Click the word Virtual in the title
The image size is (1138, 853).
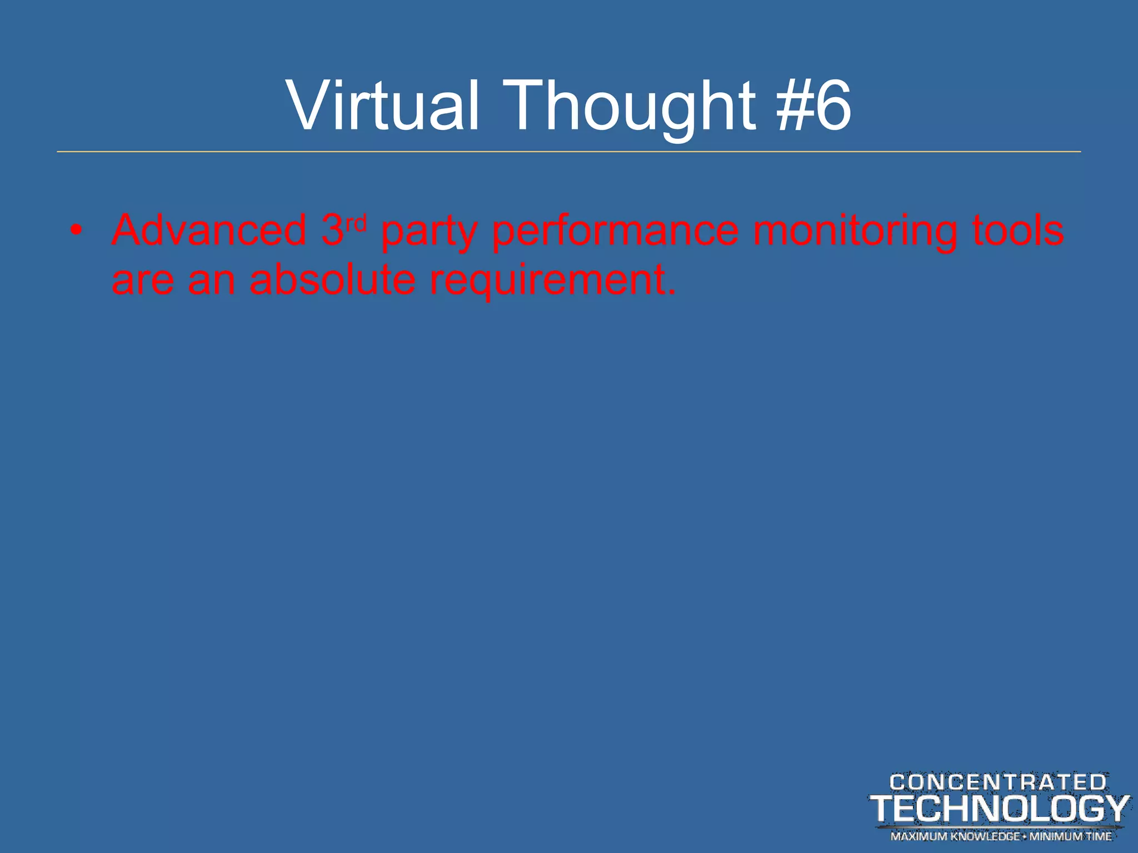382,106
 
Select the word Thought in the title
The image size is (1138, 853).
631,106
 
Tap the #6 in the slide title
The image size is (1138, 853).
814,106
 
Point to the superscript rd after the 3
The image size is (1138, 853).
356,223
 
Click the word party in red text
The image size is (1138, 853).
428,232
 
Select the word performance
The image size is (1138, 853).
616,232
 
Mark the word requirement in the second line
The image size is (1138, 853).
553,281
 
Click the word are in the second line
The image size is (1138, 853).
143,281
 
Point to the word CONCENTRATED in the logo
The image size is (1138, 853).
998,782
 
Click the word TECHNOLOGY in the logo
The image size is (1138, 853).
999,809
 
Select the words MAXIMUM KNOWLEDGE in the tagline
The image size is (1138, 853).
955,836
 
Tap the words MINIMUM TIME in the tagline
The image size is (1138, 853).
1071,836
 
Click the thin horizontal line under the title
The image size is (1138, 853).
569,152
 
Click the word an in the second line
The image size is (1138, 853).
212,281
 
